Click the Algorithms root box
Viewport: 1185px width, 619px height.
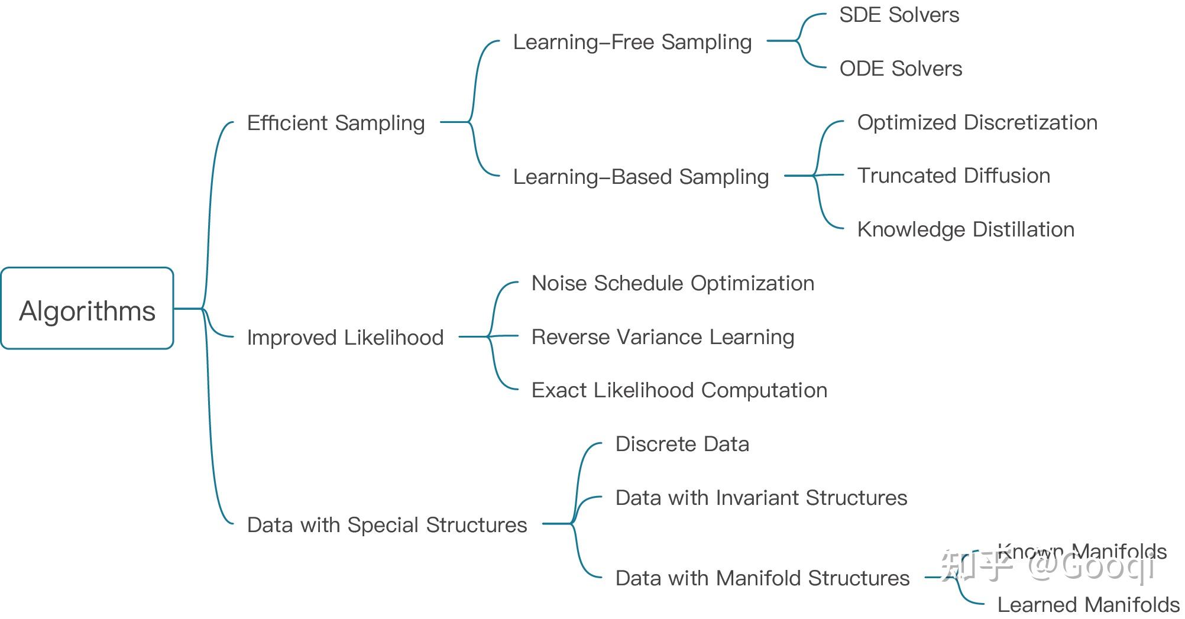[x=87, y=309]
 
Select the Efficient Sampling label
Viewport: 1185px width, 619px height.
[x=335, y=123]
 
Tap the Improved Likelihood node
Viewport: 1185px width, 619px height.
[x=345, y=338]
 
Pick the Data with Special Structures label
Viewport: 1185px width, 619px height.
[x=387, y=525]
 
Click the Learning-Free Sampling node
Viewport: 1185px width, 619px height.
[x=632, y=42]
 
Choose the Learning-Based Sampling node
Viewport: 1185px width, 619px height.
[x=641, y=177]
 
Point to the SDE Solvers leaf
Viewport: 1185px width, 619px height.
[x=899, y=15]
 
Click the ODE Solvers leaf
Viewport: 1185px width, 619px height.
[x=901, y=69]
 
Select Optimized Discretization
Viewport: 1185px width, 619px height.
[x=977, y=122]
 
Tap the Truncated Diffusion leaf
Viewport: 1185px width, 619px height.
[x=953, y=176]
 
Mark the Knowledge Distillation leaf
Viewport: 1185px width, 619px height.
[x=966, y=229]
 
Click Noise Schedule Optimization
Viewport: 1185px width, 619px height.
[x=672, y=283]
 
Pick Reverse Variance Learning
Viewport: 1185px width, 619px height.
[x=662, y=337]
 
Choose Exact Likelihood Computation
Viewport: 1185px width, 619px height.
[x=679, y=390]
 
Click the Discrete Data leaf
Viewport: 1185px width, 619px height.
[x=682, y=444]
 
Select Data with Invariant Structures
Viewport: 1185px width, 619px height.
[x=761, y=498]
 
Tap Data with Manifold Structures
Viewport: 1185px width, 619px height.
[x=762, y=578]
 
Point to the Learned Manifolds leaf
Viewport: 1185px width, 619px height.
[x=1088, y=605]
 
